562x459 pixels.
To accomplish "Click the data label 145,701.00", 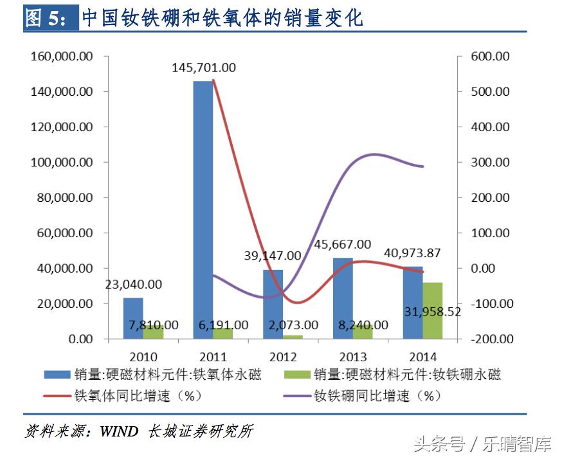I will (204, 67).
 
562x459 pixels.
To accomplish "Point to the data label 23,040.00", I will (133, 284).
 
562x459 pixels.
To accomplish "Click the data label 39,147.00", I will (273, 255).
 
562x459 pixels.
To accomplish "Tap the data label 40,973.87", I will (413, 253).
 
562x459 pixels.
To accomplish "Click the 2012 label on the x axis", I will (283, 357).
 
